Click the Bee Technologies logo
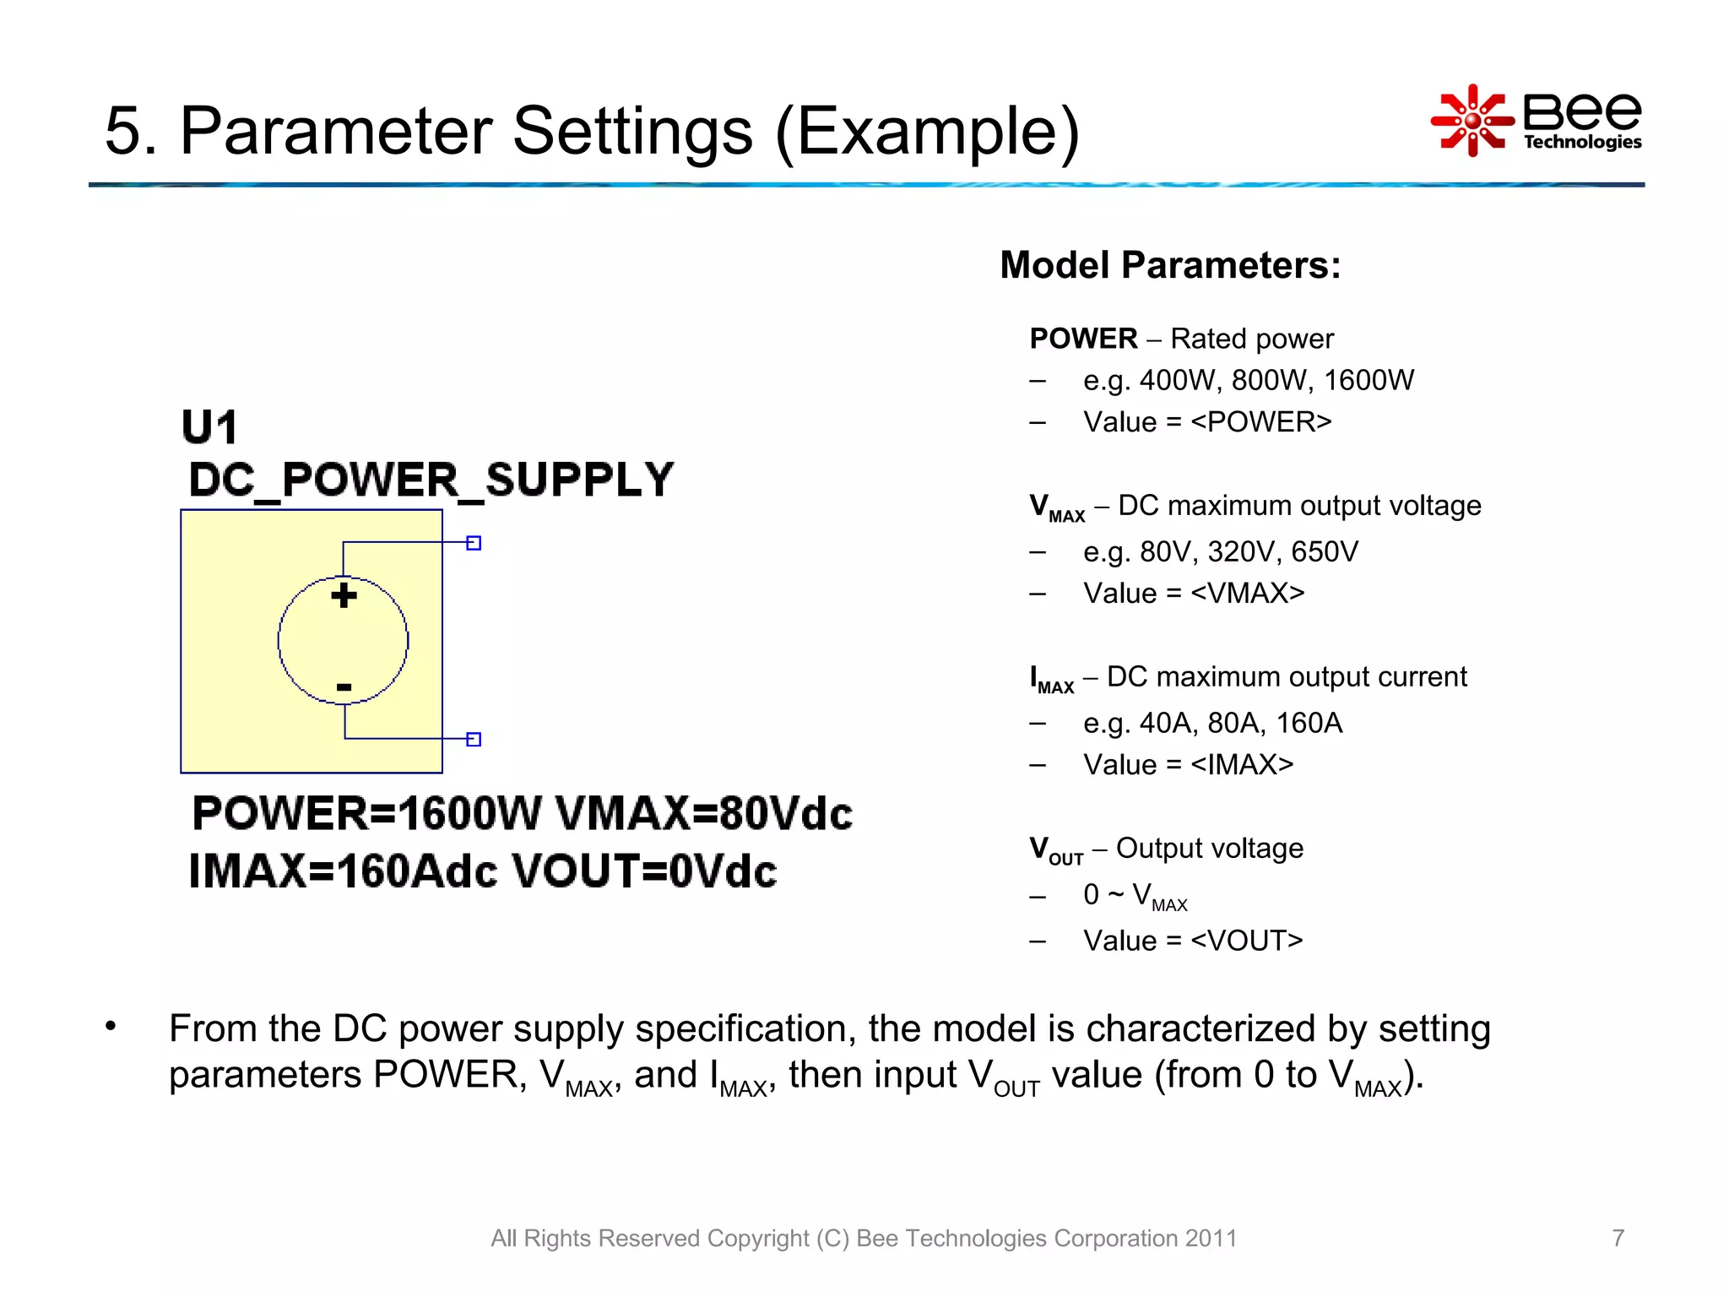pos(1537,121)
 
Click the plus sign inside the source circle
pos(344,595)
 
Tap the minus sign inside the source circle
pos(344,687)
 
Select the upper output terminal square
pos(474,543)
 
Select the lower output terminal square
pos(474,739)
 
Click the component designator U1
pos(209,427)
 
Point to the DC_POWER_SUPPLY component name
pos(431,480)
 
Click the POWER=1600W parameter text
pos(366,813)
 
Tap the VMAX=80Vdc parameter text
pos(704,813)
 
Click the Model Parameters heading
pos(1170,265)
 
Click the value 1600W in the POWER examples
pos(1369,381)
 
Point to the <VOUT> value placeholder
pos(1247,941)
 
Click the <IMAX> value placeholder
pos(1242,765)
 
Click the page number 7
pos(1618,1238)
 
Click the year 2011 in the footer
pos(1211,1238)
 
